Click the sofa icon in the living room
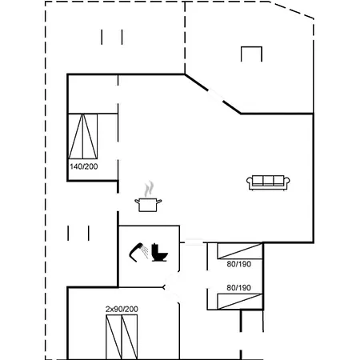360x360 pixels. tap(268, 182)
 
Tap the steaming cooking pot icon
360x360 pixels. tap(148, 197)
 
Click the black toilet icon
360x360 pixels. tap(159, 253)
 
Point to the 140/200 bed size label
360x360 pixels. tap(84, 166)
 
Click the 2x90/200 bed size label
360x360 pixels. tap(122, 309)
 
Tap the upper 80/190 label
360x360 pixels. tap(239, 264)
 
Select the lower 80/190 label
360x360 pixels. tap(239, 288)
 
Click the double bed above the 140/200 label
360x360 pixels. tap(83, 136)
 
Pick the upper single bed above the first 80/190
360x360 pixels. tap(240, 251)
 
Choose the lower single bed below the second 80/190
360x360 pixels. tap(240, 302)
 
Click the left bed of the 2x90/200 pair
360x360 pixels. tap(114, 337)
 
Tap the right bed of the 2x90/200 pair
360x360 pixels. tap(130, 337)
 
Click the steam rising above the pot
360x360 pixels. tap(149, 190)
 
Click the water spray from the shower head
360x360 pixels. tap(145, 252)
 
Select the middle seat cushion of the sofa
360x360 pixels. tap(268, 181)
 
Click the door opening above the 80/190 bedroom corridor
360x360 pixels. tap(194, 242)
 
